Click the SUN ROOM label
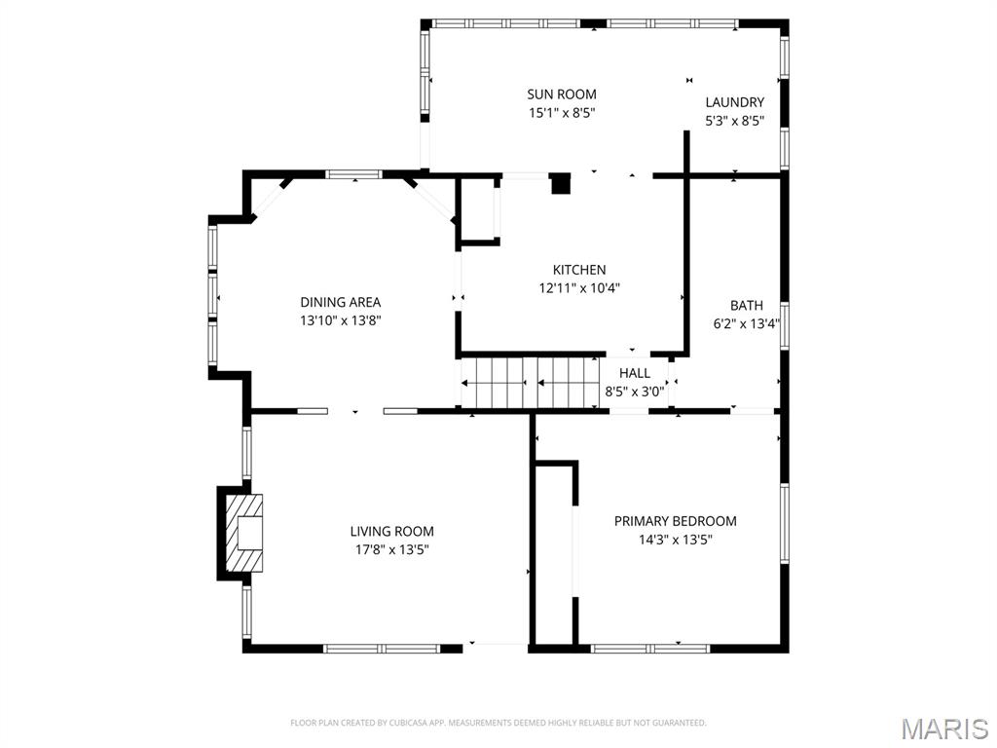(562, 94)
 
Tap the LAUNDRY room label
(734, 102)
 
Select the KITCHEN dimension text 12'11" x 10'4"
(579, 288)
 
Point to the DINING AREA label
(340, 302)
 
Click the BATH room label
(747, 305)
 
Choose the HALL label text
(635, 373)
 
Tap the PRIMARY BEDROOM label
(675, 521)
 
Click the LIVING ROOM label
(391, 531)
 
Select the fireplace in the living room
(241, 533)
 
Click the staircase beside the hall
(529, 381)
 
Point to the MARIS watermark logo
(943, 729)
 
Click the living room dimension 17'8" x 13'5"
(391, 549)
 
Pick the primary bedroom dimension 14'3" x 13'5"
(675, 540)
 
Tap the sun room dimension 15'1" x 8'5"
(562, 113)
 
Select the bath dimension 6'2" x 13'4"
(747, 323)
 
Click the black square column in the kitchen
(561, 183)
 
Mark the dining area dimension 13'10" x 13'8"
(340, 320)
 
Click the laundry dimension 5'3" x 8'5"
(734, 122)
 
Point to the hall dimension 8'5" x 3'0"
(635, 392)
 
